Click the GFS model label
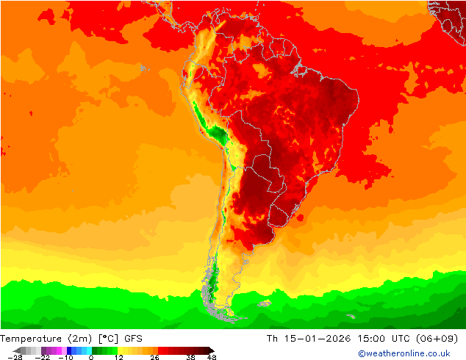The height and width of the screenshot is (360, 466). tap(134, 339)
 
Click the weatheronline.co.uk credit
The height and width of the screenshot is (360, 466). tap(404, 353)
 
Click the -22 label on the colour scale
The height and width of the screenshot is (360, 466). tap(42, 357)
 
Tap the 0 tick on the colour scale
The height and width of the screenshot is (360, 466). tap(91, 357)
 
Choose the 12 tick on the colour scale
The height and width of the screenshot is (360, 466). tap(118, 357)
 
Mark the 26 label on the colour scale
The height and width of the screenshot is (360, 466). tap(154, 357)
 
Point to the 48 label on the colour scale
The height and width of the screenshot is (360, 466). tap(212, 357)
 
